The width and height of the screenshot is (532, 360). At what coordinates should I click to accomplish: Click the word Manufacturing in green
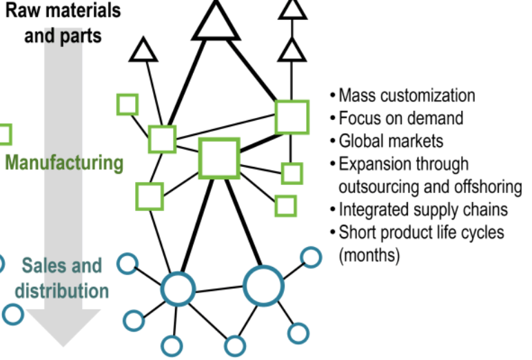click(64, 163)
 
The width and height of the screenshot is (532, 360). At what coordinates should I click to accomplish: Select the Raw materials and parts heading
click(63, 22)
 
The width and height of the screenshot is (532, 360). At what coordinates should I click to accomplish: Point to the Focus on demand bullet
click(400, 118)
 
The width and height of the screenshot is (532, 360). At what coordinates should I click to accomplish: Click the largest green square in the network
click(219, 158)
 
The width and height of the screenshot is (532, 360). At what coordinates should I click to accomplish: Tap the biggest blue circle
click(264, 285)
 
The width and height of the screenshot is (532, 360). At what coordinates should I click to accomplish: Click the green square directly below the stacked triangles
click(291, 117)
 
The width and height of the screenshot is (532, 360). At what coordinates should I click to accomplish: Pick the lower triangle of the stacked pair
click(293, 49)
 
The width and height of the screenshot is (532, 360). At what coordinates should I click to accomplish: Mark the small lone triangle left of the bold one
click(144, 50)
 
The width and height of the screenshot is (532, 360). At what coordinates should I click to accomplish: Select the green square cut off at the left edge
click(3, 134)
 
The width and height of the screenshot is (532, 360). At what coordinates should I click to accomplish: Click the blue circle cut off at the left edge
click(1, 262)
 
